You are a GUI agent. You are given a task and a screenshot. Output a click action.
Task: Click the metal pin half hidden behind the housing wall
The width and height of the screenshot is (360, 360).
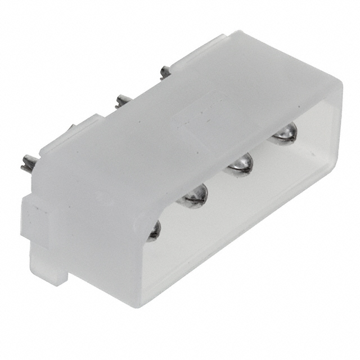tap(154, 231)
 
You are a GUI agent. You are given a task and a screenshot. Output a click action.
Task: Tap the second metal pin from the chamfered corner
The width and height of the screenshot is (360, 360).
tap(193, 195)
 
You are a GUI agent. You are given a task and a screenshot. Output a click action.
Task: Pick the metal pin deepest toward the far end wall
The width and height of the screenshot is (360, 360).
tap(283, 134)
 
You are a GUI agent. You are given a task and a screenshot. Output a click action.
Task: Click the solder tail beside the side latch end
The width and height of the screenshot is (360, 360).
tap(28, 165)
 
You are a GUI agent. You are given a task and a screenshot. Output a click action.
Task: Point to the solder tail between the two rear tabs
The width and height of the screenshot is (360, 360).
tap(123, 101)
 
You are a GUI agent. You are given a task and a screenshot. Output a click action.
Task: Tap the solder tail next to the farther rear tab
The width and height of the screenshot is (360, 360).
tap(164, 71)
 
